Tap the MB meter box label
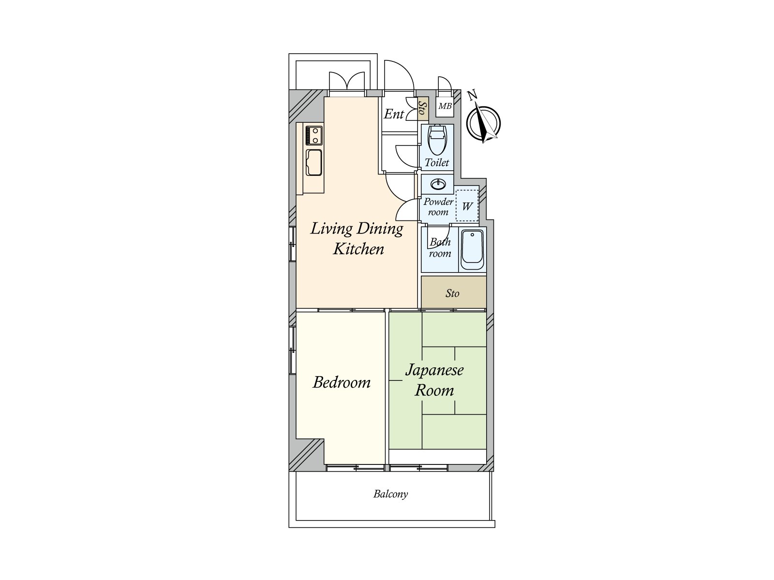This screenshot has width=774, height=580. (x=445, y=106)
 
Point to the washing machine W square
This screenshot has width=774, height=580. (x=467, y=206)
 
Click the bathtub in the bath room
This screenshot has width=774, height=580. (x=472, y=249)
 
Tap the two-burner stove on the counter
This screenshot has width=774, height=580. (x=313, y=135)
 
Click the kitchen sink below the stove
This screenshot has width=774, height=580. (x=313, y=162)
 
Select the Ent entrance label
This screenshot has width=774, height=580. (x=394, y=114)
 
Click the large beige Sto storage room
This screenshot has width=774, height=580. (x=453, y=293)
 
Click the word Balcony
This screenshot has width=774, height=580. (x=390, y=494)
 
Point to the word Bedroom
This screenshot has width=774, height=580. (x=342, y=382)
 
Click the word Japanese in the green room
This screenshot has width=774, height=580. (x=434, y=371)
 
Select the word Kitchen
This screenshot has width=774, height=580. (x=358, y=249)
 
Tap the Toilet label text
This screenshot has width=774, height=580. (x=437, y=162)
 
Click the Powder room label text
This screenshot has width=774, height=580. (x=438, y=207)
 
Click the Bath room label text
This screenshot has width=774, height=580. (x=440, y=247)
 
